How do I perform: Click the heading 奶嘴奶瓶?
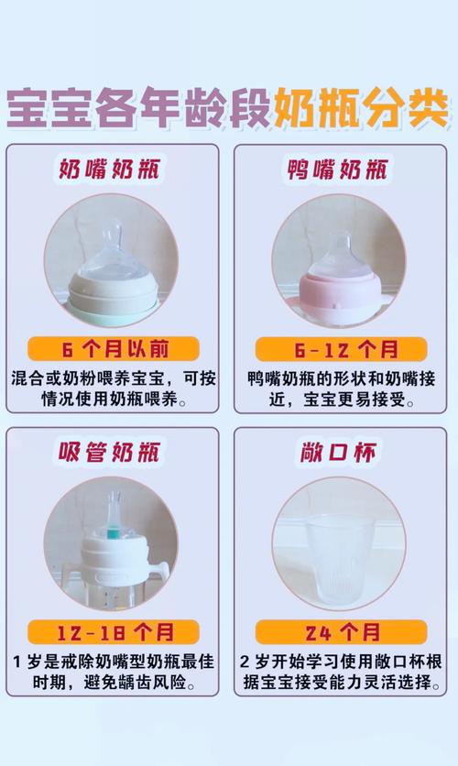coord(113,170)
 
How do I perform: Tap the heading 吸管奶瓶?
coord(113,453)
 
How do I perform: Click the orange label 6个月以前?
coord(113,349)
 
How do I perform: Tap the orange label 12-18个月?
coord(113,631)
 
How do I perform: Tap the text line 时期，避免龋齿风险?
coord(113,684)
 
